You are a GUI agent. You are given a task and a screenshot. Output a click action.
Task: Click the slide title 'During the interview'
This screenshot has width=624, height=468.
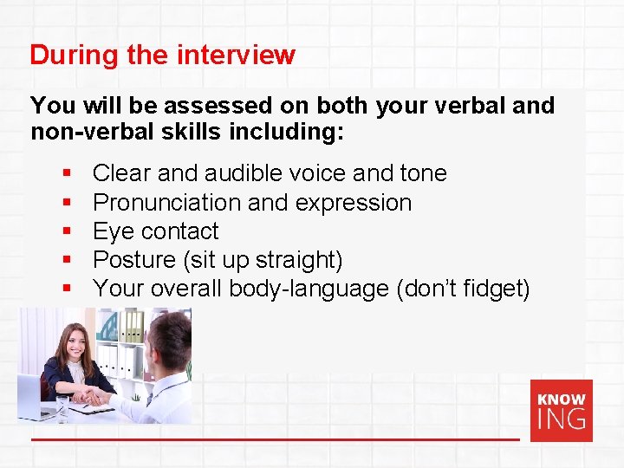162,55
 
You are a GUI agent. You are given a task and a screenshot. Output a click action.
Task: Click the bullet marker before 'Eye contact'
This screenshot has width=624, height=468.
67,231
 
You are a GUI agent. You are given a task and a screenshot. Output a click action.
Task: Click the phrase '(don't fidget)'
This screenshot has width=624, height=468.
463,289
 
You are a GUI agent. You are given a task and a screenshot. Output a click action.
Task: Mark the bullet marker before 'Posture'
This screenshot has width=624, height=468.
67,260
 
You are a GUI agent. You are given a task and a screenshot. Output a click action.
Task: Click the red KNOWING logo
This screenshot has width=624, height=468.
561,410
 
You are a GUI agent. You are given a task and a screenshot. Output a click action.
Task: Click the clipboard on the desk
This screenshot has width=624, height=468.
92,408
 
